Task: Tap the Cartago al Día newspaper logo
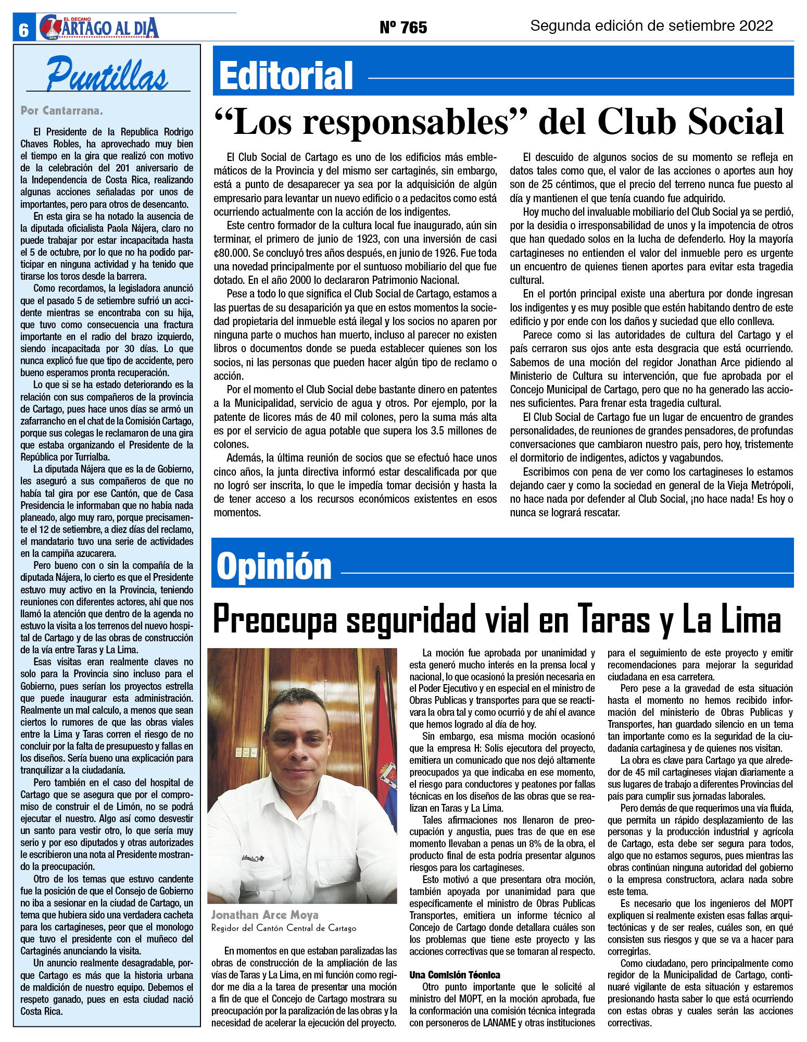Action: coord(99,28)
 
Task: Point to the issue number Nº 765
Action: coord(403,27)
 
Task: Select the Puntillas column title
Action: coord(107,75)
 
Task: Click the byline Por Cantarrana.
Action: coord(61,110)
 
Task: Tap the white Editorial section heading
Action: coord(286,76)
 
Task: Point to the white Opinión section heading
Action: coord(274,567)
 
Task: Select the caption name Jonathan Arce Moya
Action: coord(264,915)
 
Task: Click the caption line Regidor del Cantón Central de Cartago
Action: coord(284,928)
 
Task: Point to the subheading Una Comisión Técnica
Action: coord(455,975)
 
